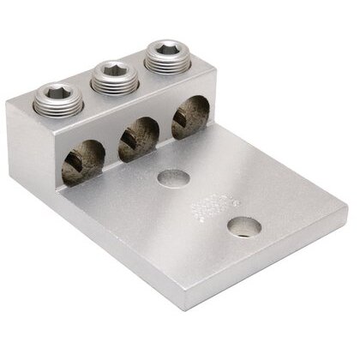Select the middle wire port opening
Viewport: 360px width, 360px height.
point(133,137)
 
